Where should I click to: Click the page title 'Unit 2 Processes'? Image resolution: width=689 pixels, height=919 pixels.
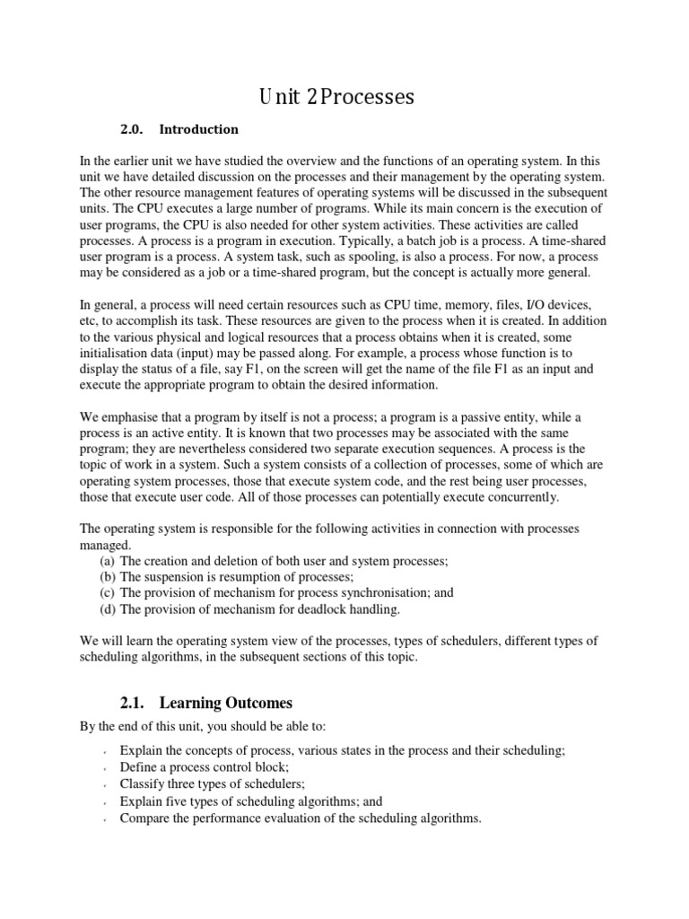click(x=337, y=97)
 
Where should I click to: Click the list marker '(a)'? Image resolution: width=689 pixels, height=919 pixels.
click(x=108, y=560)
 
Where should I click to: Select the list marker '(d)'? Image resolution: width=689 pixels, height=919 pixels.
click(x=108, y=608)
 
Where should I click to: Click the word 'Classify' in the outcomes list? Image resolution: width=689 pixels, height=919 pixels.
click(x=144, y=783)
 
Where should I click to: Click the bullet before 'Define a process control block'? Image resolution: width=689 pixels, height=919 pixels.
click(x=105, y=768)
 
